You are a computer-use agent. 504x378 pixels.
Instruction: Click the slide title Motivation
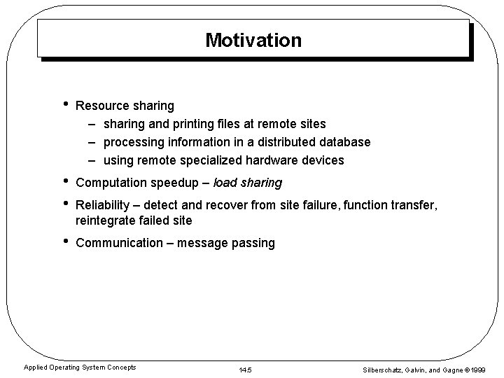click(253, 40)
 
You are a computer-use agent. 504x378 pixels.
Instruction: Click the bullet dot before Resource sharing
click(65, 106)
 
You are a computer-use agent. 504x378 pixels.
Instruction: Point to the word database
click(342, 142)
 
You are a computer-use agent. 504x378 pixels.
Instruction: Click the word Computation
click(111, 183)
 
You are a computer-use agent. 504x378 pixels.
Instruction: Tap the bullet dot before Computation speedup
click(65, 183)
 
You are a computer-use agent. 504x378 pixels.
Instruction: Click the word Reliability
click(103, 206)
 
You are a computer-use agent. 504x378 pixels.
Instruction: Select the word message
click(203, 244)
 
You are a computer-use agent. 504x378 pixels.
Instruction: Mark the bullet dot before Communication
click(65, 243)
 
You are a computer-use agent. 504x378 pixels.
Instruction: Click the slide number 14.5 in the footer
click(245, 369)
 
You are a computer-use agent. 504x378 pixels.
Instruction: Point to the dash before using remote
click(92, 160)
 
